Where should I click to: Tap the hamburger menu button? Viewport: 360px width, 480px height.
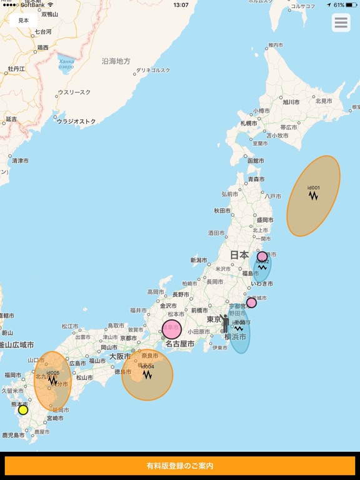(341, 23)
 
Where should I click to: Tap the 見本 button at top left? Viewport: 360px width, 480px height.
(23, 21)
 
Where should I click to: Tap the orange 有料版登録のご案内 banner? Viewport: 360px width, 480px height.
(180, 466)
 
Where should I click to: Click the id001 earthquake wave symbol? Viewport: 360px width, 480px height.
(314, 196)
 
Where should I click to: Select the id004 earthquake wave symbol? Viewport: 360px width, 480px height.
(147, 374)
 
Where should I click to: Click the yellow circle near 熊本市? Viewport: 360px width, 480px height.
(23, 410)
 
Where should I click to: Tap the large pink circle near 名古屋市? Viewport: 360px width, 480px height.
(172, 329)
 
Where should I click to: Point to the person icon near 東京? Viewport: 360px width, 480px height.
(225, 323)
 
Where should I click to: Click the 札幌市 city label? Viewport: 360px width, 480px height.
(249, 123)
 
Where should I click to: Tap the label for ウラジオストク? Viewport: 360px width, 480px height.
(77, 121)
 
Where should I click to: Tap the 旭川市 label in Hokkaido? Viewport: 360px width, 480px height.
(291, 102)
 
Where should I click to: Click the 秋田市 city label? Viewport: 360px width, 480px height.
(223, 211)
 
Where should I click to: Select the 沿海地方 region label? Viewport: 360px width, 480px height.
(116, 61)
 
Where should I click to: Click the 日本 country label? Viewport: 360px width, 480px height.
(239, 255)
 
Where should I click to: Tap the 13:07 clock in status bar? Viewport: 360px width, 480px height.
(181, 5)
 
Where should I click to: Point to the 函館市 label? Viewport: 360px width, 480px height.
(256, 161)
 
